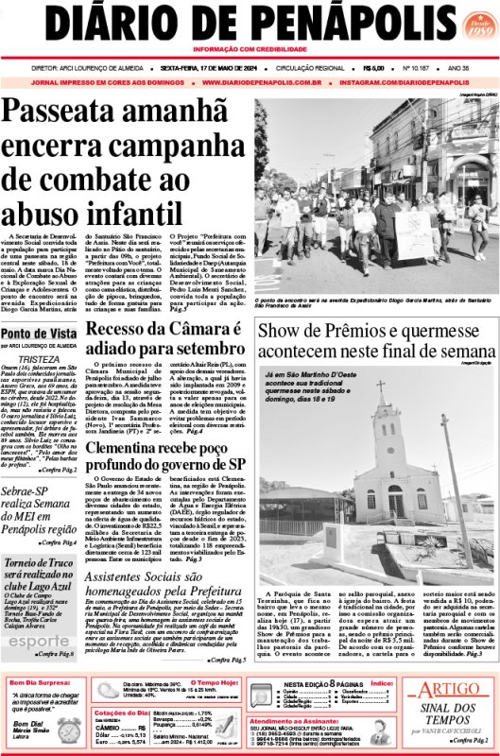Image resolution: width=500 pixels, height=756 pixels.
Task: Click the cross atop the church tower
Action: tap(382, 388)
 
